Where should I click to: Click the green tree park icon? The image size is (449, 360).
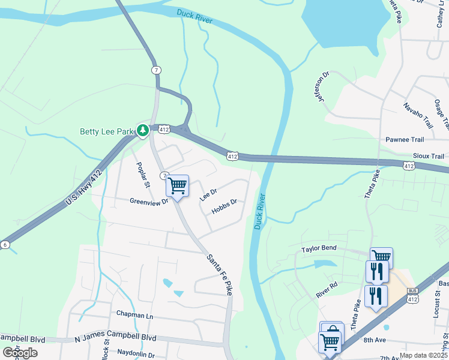click(x=142, y=130)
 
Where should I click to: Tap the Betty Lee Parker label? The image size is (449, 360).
click(x=107, y=131)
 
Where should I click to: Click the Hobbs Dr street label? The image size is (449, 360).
click(x=224, y=206)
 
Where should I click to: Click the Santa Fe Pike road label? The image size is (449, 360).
click(x=219, y=274)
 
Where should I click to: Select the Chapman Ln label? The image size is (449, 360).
click(x=134, y=315)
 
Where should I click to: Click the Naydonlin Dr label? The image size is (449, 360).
click(x=137, y=355)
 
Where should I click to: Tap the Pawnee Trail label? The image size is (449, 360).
click(x=405, y=139)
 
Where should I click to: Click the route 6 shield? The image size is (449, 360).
click(x=5, y=244)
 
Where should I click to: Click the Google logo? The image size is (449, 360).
click(x=20, y=352)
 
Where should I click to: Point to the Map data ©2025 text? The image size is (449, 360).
click(x=423, y=355)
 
